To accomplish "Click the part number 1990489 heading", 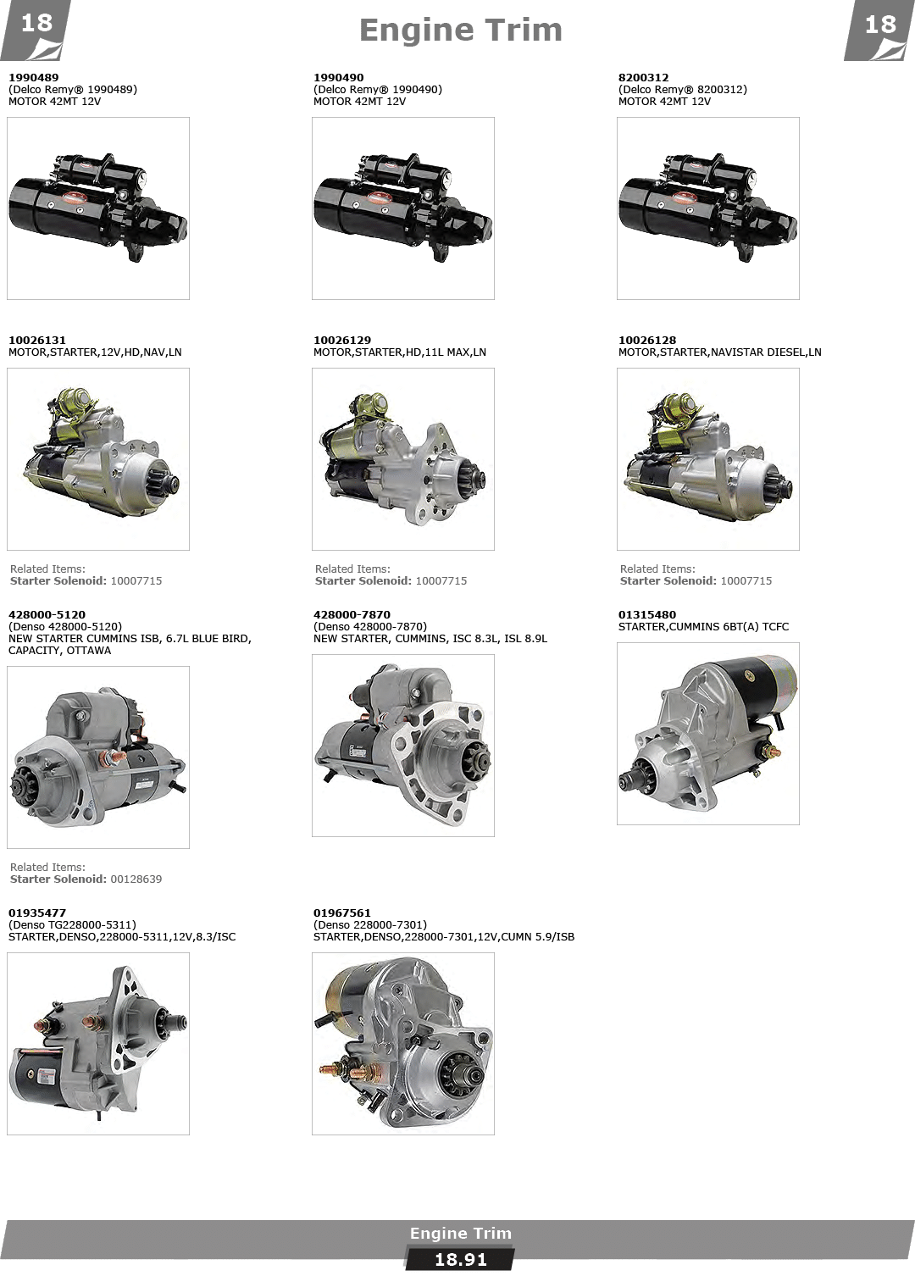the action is tap(34, 77).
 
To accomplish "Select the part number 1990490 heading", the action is tap(338, 77).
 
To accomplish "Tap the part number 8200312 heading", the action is tap(644, 77).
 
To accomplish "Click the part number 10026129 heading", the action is tap(341, 340).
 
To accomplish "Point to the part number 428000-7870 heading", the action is tap(352, 614).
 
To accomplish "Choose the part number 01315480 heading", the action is tap(647, 614).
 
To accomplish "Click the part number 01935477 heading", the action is tap(37, 913).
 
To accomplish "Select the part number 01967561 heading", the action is tap(341, 913).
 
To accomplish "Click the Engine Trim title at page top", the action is tap(461, 31).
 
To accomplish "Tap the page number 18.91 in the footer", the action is tap(460, 1259).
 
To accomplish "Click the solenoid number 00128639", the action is tap(136, 879).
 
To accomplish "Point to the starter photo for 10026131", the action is tap(98, 459).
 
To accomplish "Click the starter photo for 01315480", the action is tap(708, 734).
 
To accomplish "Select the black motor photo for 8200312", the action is tap(708, 208).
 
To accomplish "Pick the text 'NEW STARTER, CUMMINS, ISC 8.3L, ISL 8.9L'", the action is tap(430, 639).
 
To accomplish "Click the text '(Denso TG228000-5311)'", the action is tap(72, 924).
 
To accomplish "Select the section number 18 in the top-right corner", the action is tap(879, 25).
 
